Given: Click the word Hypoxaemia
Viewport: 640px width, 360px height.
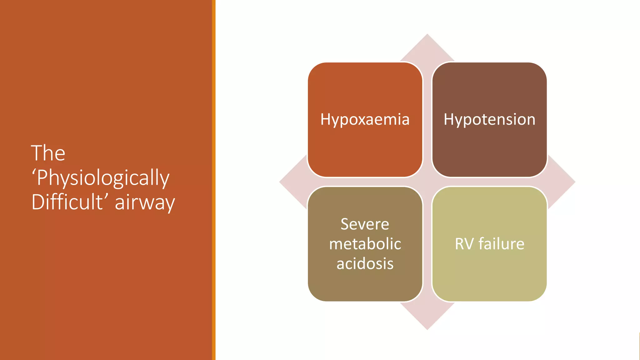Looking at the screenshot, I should click(x=365, y=120).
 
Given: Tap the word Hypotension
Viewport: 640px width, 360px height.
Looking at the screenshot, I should click(x=489, y=120).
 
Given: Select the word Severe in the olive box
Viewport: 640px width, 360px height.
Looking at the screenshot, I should click(x=365, y=224).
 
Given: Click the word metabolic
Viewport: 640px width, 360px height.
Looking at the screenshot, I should click(x=365, y=244).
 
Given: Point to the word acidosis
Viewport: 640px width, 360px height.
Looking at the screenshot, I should click(x=365, y=263).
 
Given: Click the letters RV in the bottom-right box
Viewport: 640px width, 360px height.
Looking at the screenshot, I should click(x=464, y=244).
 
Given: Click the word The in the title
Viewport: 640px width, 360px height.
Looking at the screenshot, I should click(x=48, y=153).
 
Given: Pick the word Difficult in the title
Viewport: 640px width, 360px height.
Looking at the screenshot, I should click(x=67, y=202).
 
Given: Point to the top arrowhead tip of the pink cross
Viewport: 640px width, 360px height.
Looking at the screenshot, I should click(x=427, y=35).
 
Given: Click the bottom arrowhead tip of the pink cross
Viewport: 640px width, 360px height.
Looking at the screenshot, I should click(x=427, y=328).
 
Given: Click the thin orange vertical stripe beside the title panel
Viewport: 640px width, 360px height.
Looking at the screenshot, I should click(x=214, y=180).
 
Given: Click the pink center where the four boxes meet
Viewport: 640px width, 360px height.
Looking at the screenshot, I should click(x=427, y=182).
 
